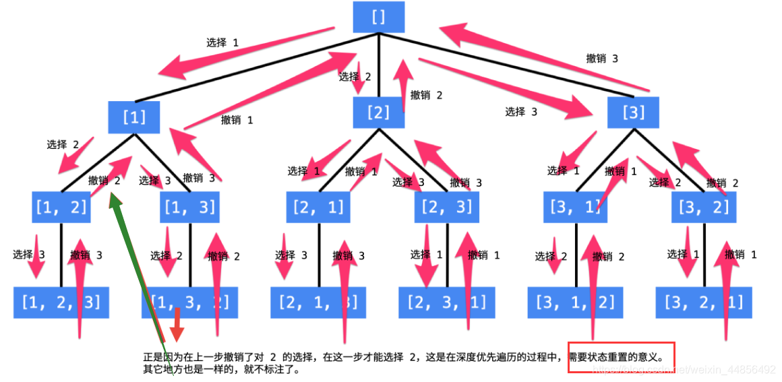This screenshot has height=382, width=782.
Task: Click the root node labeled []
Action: click(x=378, y=18)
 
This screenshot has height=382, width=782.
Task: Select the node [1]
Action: click(x=134, y=117)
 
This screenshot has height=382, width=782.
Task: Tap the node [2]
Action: click(x=379, y=113)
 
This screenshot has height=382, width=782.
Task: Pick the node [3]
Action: click(x=632, y=113)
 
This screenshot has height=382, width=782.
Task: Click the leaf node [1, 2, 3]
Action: click(x=61, y=303)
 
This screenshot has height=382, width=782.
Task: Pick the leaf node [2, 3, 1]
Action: click(x=446, y=303)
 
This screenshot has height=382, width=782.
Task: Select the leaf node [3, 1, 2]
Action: click(x=575, y=303)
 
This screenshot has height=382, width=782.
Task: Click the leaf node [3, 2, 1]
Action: click(x=703, y=303)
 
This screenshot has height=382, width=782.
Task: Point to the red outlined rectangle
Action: click(x=620, y=356)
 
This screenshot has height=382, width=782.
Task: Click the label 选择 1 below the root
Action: click(x=222, y=42)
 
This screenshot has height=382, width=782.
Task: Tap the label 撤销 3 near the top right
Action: click(x=602, y=59)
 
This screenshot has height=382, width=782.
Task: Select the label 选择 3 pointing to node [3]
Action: click(x=521, y=112)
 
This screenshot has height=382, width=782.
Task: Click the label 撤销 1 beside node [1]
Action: click(x=237, y=120)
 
